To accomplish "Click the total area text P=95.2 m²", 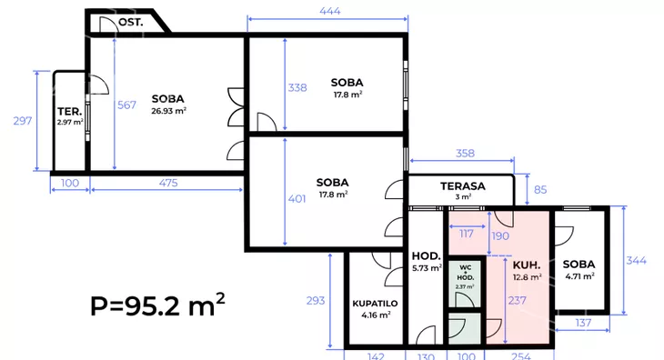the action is point(157,305).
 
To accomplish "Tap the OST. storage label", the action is point(130,22).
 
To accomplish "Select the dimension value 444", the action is point(330,11).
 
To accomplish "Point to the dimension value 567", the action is point(126,105).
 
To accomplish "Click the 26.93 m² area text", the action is point(168,111).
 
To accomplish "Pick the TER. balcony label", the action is point(70,112).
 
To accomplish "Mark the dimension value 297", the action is point(23,121).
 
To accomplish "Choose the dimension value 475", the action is point(168,183).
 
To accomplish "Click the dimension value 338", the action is point(297,87).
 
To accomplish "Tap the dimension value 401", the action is point(297,199).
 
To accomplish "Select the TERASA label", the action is point(463,186).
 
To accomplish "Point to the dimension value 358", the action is point(465,153).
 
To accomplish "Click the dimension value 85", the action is point(540,189).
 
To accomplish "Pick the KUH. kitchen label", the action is point(527,265).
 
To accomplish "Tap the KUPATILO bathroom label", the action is point(375,304).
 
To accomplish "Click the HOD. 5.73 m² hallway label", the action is point(427,262).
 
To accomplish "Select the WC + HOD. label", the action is point(466,273).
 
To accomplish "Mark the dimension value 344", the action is point(637,260).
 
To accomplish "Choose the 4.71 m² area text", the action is point(579,276).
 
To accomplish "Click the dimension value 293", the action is point(316,300).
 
